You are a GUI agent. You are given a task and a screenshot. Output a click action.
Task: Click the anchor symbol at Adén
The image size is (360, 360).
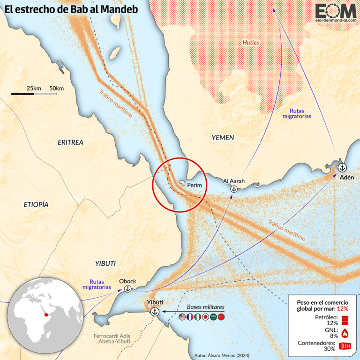coord(342,167)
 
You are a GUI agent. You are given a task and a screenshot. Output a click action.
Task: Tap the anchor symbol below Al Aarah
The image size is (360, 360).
coord(233,189)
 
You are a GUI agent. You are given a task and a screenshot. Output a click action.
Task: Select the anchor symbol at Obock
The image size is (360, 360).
coord(127,289)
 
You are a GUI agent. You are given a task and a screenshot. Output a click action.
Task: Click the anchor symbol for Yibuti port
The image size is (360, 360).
coord(155,312)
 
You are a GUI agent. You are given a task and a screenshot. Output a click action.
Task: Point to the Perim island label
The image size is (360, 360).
coord(194,185)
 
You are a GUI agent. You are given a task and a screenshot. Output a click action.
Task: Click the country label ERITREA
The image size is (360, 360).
coord(70,142)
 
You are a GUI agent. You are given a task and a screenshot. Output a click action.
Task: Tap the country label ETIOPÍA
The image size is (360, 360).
coord(36,204)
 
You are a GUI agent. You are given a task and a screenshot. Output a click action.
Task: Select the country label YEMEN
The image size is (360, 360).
coord(223,137)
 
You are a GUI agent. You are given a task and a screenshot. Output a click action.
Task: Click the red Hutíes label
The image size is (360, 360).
coord(250,43)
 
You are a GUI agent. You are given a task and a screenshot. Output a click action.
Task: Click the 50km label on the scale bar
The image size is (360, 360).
coord(56,88)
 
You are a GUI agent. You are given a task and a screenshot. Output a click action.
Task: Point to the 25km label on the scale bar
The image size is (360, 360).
coord(34,88)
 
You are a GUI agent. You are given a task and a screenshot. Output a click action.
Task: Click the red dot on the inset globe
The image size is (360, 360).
coord(46,315)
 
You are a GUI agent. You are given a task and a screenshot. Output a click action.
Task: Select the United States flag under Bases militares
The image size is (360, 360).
coord(182,317)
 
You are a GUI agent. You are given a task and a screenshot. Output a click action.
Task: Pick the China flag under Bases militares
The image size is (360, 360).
coord(222,317)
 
